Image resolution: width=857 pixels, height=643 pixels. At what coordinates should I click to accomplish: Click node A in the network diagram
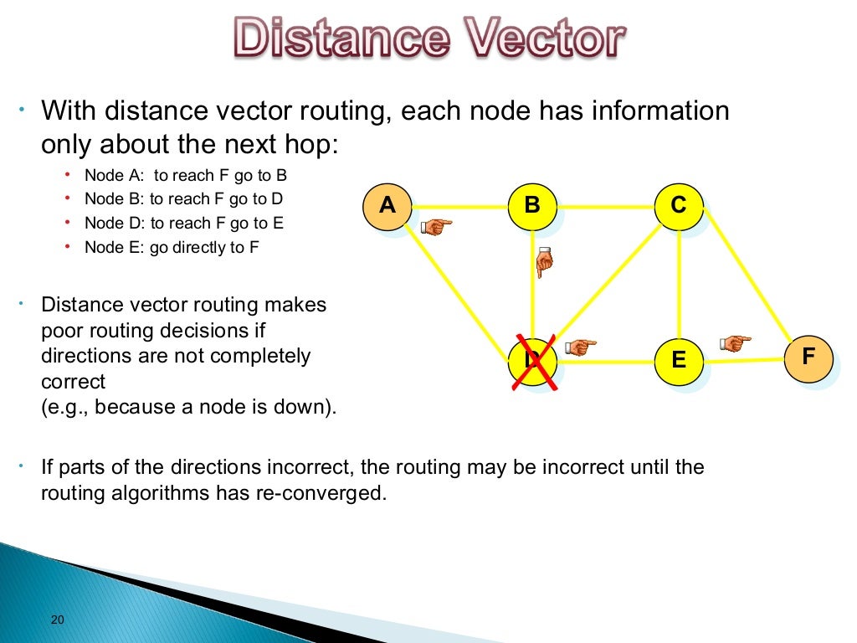pyautogui.click(x=387, y=207)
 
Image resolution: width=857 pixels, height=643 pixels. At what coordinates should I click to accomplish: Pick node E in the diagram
pyautogui.click(x=679, y=361)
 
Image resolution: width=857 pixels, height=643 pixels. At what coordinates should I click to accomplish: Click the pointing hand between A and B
pyautogui.click(x=435, y=225)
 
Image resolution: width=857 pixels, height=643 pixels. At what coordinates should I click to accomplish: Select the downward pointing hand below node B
pyautogui.click(x=544, y=264)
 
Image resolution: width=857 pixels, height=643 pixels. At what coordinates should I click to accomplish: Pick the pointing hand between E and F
pyautogui.click(x=735, y=342)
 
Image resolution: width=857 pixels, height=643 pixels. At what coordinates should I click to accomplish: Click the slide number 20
pyautogui.click(x=58, y=620)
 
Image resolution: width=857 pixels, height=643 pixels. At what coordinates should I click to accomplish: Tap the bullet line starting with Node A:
pyautogui.click(x=186, y=176)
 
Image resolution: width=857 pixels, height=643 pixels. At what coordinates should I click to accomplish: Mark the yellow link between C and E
pyautogui.click(x=679, y=285)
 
